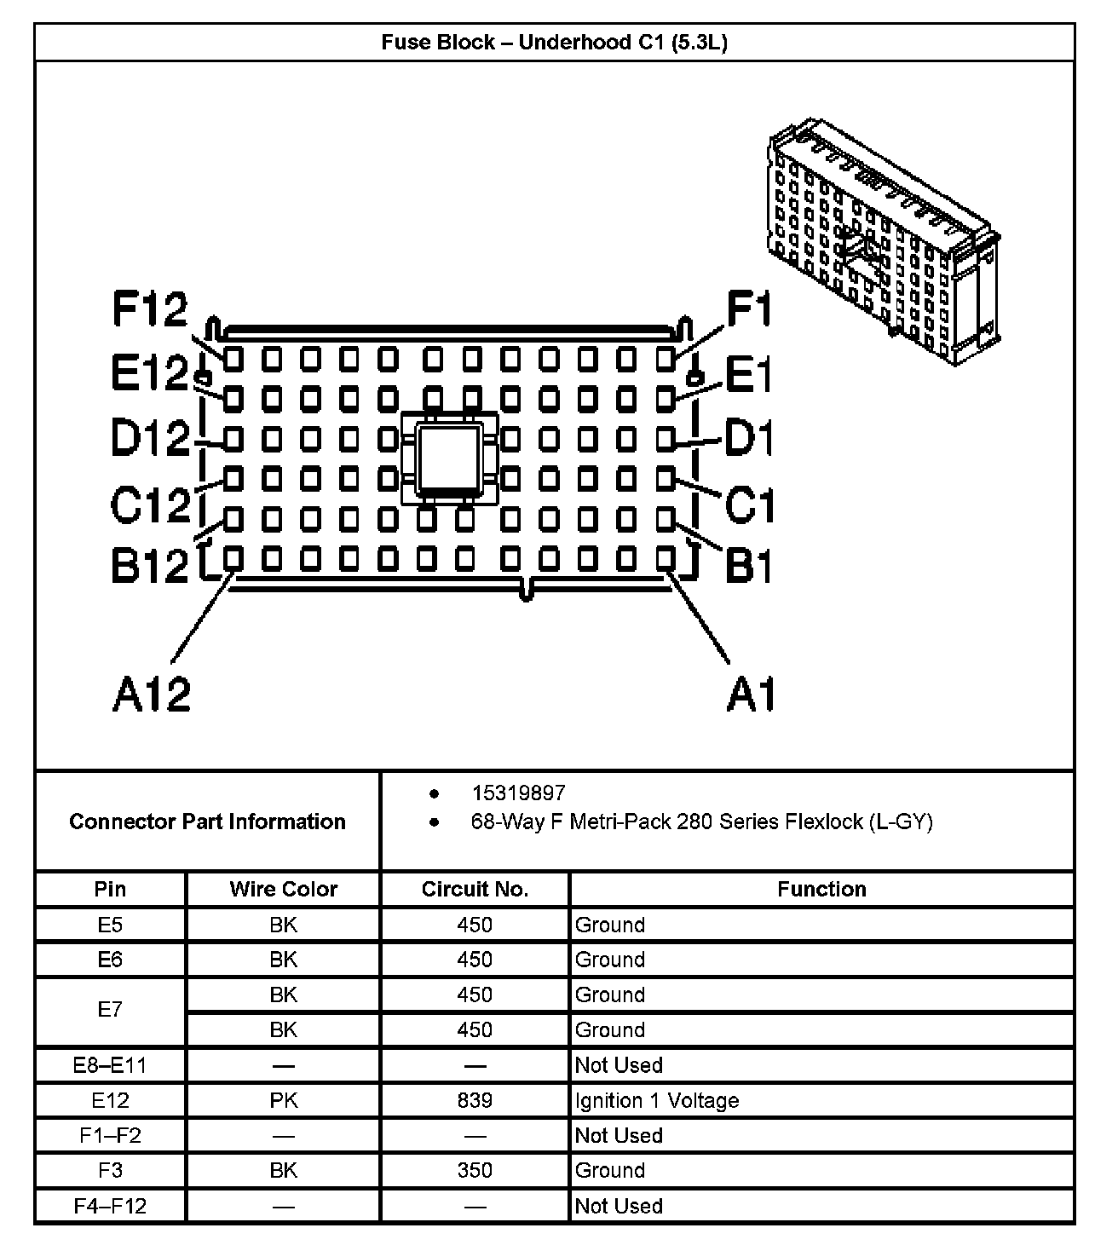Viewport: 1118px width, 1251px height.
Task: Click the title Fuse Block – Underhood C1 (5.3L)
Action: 554,43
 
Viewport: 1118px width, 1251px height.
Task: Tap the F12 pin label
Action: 149,309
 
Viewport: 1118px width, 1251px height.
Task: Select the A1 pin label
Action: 751,695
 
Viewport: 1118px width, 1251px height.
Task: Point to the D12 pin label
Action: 149,439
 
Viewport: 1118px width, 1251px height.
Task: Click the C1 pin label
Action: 748,504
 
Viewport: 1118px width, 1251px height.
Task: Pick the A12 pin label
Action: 152,695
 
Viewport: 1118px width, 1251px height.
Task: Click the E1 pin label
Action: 746,375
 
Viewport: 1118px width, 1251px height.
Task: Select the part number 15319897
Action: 518,793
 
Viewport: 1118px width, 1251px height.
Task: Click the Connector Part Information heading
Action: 207,822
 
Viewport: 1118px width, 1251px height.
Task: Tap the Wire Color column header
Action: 283,890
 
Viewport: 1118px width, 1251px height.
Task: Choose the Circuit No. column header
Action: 475,890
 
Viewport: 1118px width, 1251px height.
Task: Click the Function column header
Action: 821,890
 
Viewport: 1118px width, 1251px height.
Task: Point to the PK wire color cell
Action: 283,1100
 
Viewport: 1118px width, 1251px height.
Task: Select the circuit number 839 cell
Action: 475,1100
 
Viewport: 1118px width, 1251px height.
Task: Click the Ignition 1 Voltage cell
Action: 656,1100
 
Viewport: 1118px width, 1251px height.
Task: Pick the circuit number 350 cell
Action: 475,1170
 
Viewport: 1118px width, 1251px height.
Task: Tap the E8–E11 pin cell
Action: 110,1065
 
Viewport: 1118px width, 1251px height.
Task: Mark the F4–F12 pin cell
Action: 110,1206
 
